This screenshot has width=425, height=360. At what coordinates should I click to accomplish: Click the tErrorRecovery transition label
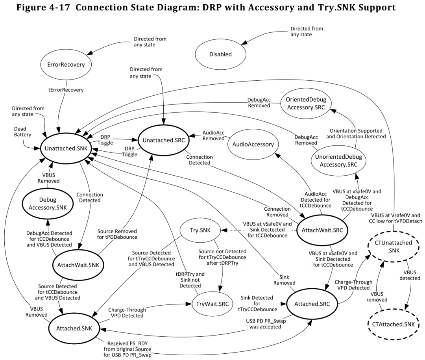coord(66,90)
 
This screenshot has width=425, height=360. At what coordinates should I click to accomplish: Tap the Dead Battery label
coord(22,132)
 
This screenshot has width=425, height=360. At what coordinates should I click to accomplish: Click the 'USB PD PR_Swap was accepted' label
coord(266,324)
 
